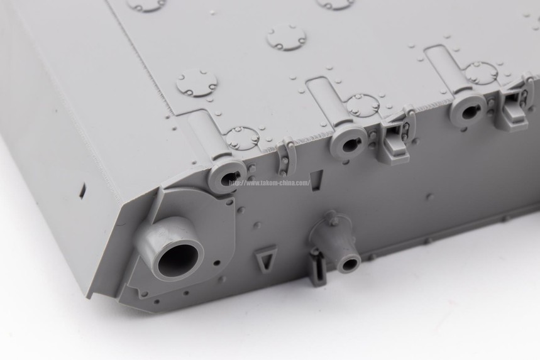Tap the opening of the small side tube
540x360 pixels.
coord(350,265)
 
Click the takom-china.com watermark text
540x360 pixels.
coord(270,183)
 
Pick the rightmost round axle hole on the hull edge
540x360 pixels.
coord(469,111)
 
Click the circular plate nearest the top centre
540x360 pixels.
coord(286,38)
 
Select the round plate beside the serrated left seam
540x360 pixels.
coord(197,85)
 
